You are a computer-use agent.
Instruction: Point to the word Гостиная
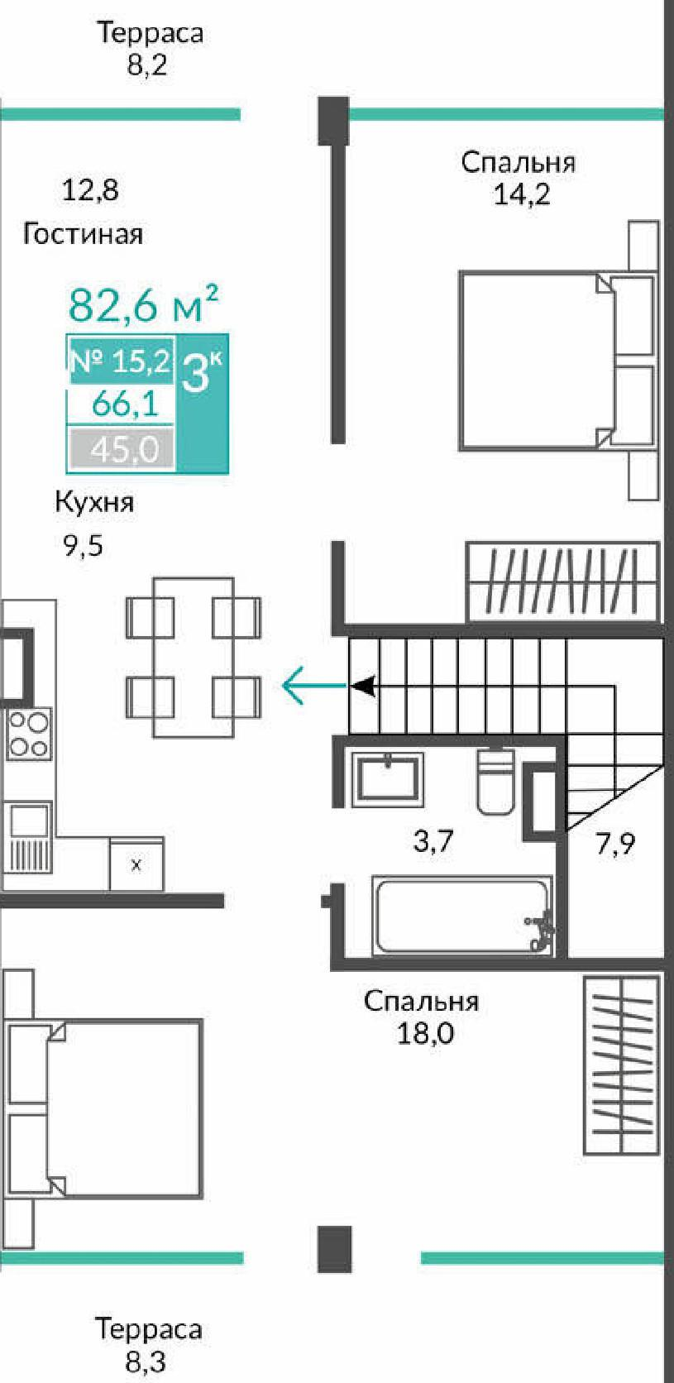point(83,234)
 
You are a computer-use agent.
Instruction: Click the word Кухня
point(94,502)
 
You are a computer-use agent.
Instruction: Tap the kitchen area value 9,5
point(84,546)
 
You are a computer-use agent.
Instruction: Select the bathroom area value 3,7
point(433,841)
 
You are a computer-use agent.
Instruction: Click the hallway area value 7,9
point(615,845)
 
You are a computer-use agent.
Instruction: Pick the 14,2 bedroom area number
point(521,194)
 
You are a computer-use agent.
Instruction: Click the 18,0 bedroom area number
point(425,1033)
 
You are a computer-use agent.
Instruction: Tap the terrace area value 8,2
point(147,65)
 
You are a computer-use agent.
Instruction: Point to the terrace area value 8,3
point(146,1361)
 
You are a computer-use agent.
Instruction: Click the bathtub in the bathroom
point(461,916)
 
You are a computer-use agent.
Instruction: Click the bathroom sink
point(387,779)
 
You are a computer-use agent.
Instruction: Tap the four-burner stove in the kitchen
point(28,734)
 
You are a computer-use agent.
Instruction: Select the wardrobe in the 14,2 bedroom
point(562,581)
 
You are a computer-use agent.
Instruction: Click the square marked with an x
point(136,865)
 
